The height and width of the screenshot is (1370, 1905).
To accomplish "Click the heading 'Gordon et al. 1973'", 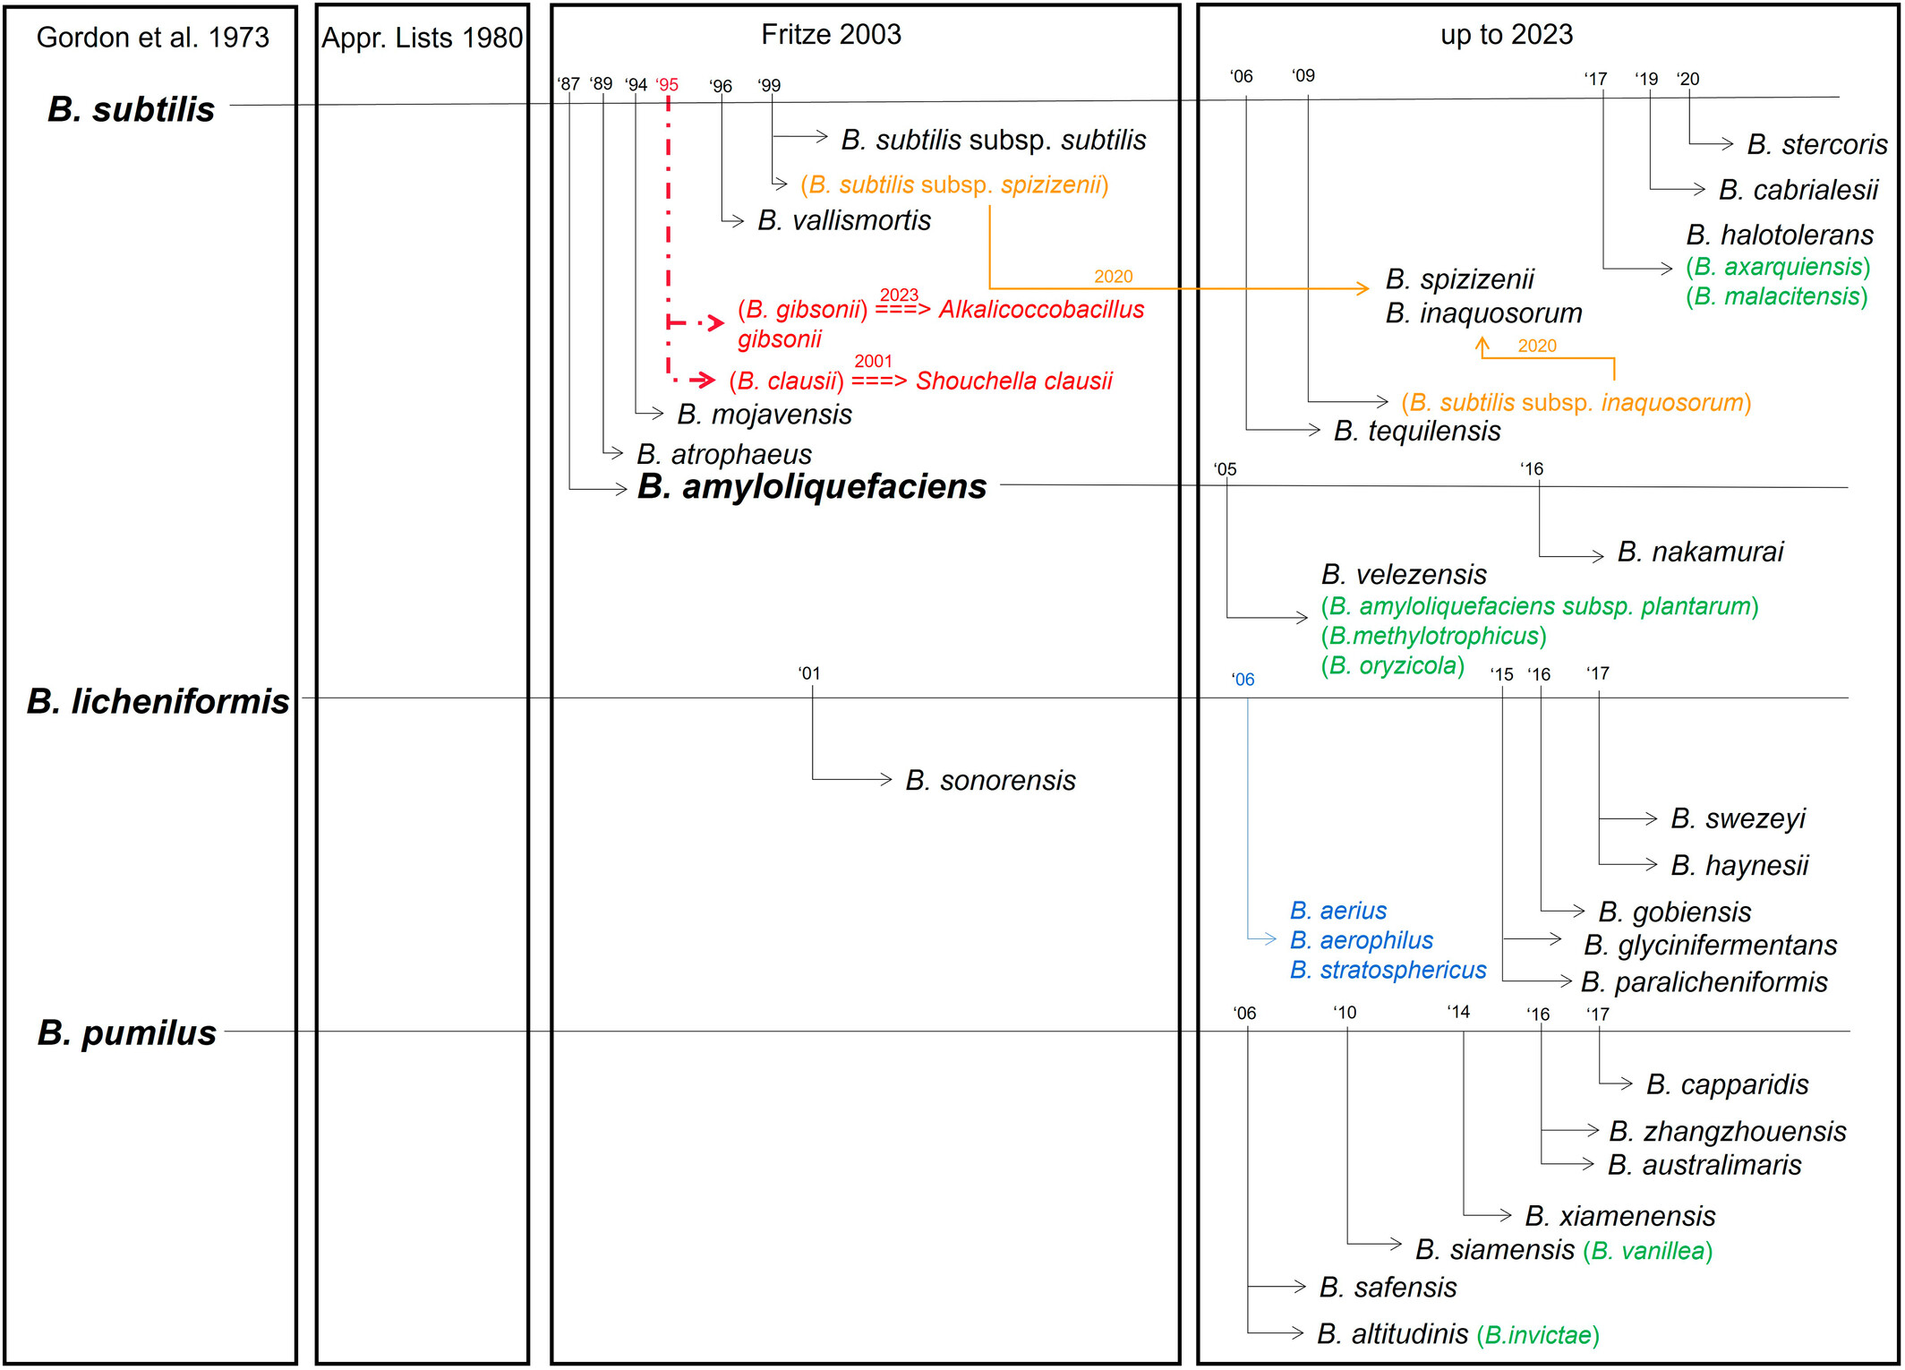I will point(152,38).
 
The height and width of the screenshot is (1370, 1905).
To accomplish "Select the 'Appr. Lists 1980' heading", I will point(422,39).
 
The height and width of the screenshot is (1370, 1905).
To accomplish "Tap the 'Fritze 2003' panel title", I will point(831,35).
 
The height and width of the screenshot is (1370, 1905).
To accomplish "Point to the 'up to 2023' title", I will point(1506,35).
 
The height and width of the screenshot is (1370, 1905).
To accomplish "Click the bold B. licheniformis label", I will point(158,701).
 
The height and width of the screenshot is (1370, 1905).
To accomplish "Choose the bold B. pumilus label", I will point(127,1032).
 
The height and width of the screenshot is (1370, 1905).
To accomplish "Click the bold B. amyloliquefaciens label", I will point(811,486).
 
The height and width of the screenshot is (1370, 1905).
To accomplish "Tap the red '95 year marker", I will point(667,85).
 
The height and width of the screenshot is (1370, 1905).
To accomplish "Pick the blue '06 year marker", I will point(1243,680).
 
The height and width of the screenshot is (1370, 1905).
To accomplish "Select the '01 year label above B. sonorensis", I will point(808,673).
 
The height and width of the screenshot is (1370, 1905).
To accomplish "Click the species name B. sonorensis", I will point(990,781).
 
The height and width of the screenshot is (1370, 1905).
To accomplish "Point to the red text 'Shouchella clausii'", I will point(1013,381).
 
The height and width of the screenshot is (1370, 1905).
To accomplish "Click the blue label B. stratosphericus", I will point(1388,971).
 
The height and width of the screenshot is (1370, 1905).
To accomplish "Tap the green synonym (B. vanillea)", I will point(1647,1251).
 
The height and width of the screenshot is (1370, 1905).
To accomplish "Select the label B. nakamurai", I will point(1700,552).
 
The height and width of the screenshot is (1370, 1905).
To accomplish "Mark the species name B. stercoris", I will point(1816,144).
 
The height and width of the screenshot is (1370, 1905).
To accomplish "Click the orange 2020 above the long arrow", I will point(1113,277).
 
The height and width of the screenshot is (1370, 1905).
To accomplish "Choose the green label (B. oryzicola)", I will point(1393,665).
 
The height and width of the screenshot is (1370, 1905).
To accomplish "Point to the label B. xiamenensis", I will point(1619,1216).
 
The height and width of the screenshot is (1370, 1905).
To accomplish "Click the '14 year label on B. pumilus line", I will point(1458,1012).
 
